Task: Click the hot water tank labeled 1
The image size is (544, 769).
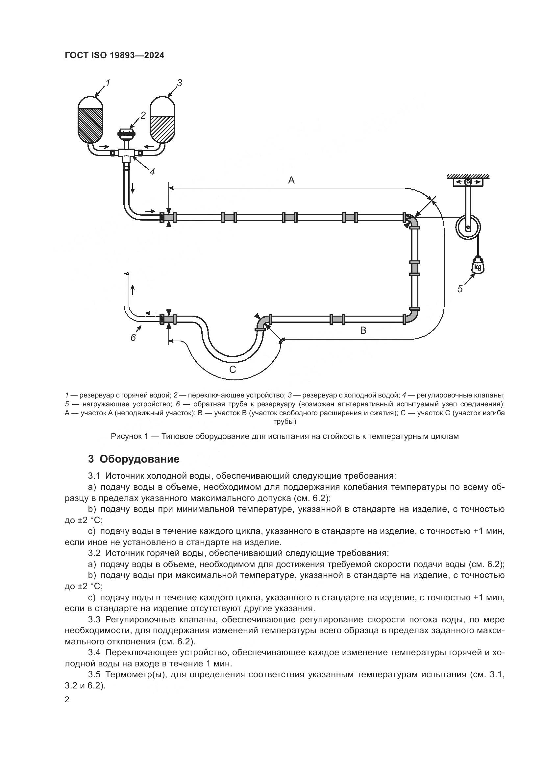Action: (x=90, y=121)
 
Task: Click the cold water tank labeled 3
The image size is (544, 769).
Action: (x=162, y=121)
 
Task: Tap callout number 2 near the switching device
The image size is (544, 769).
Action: (x=143, y=115)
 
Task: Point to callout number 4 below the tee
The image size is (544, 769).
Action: (x=152, y=172)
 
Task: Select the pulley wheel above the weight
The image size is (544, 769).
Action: (x=468, y=228)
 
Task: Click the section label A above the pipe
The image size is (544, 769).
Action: (x=291, y=180)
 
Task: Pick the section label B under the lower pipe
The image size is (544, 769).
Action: (x=363, y=330)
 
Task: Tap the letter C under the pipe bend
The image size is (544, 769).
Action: (x=233, y=370)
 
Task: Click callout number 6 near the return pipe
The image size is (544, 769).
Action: (x=133, y=338)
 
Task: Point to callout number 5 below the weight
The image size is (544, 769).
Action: (x=460, y=289)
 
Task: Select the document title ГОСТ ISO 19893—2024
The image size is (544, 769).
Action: (x=114, y=56)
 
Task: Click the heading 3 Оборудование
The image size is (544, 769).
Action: (x=134, y=459)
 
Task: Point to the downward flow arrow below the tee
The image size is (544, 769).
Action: (x=133, y=188)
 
